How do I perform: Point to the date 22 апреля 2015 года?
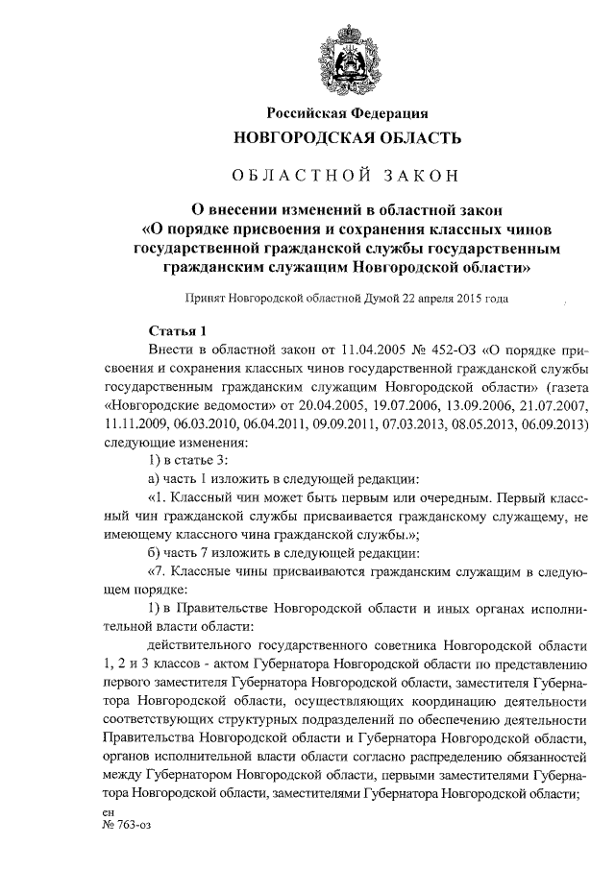coord(452,299)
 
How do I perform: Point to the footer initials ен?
coord(107,812)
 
